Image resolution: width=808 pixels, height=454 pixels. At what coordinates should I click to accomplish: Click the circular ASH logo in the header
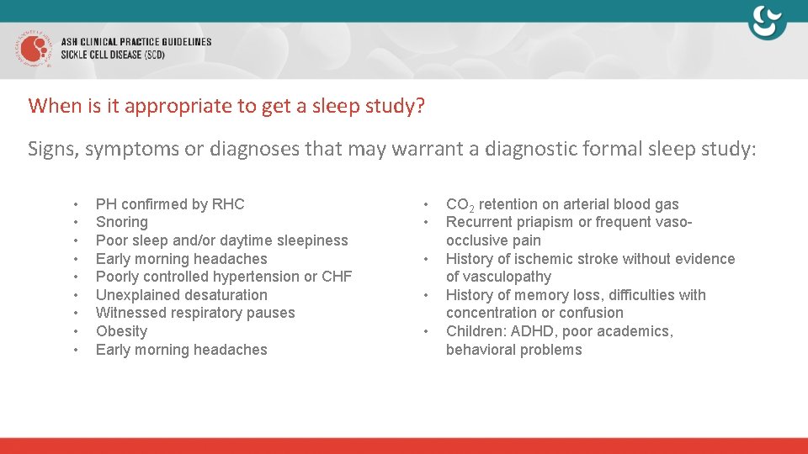tap(33, 49)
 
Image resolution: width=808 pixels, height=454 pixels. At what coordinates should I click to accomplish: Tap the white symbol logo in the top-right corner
tap(767, 23)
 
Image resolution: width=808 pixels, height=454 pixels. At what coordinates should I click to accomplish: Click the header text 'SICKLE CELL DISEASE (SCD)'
tap(113, 55)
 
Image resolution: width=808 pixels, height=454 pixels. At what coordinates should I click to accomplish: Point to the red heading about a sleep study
tap(226, 106)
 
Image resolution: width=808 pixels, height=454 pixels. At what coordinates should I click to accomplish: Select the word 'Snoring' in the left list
tap(121, 222)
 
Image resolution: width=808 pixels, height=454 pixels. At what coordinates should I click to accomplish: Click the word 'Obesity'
tap(121, 331)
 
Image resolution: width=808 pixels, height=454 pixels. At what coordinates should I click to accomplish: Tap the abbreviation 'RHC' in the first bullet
tap(227, 204)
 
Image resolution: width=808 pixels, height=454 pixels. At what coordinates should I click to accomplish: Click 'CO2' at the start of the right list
tap(460, 204)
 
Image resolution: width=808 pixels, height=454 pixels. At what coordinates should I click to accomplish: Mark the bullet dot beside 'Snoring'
tap(76, 223)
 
